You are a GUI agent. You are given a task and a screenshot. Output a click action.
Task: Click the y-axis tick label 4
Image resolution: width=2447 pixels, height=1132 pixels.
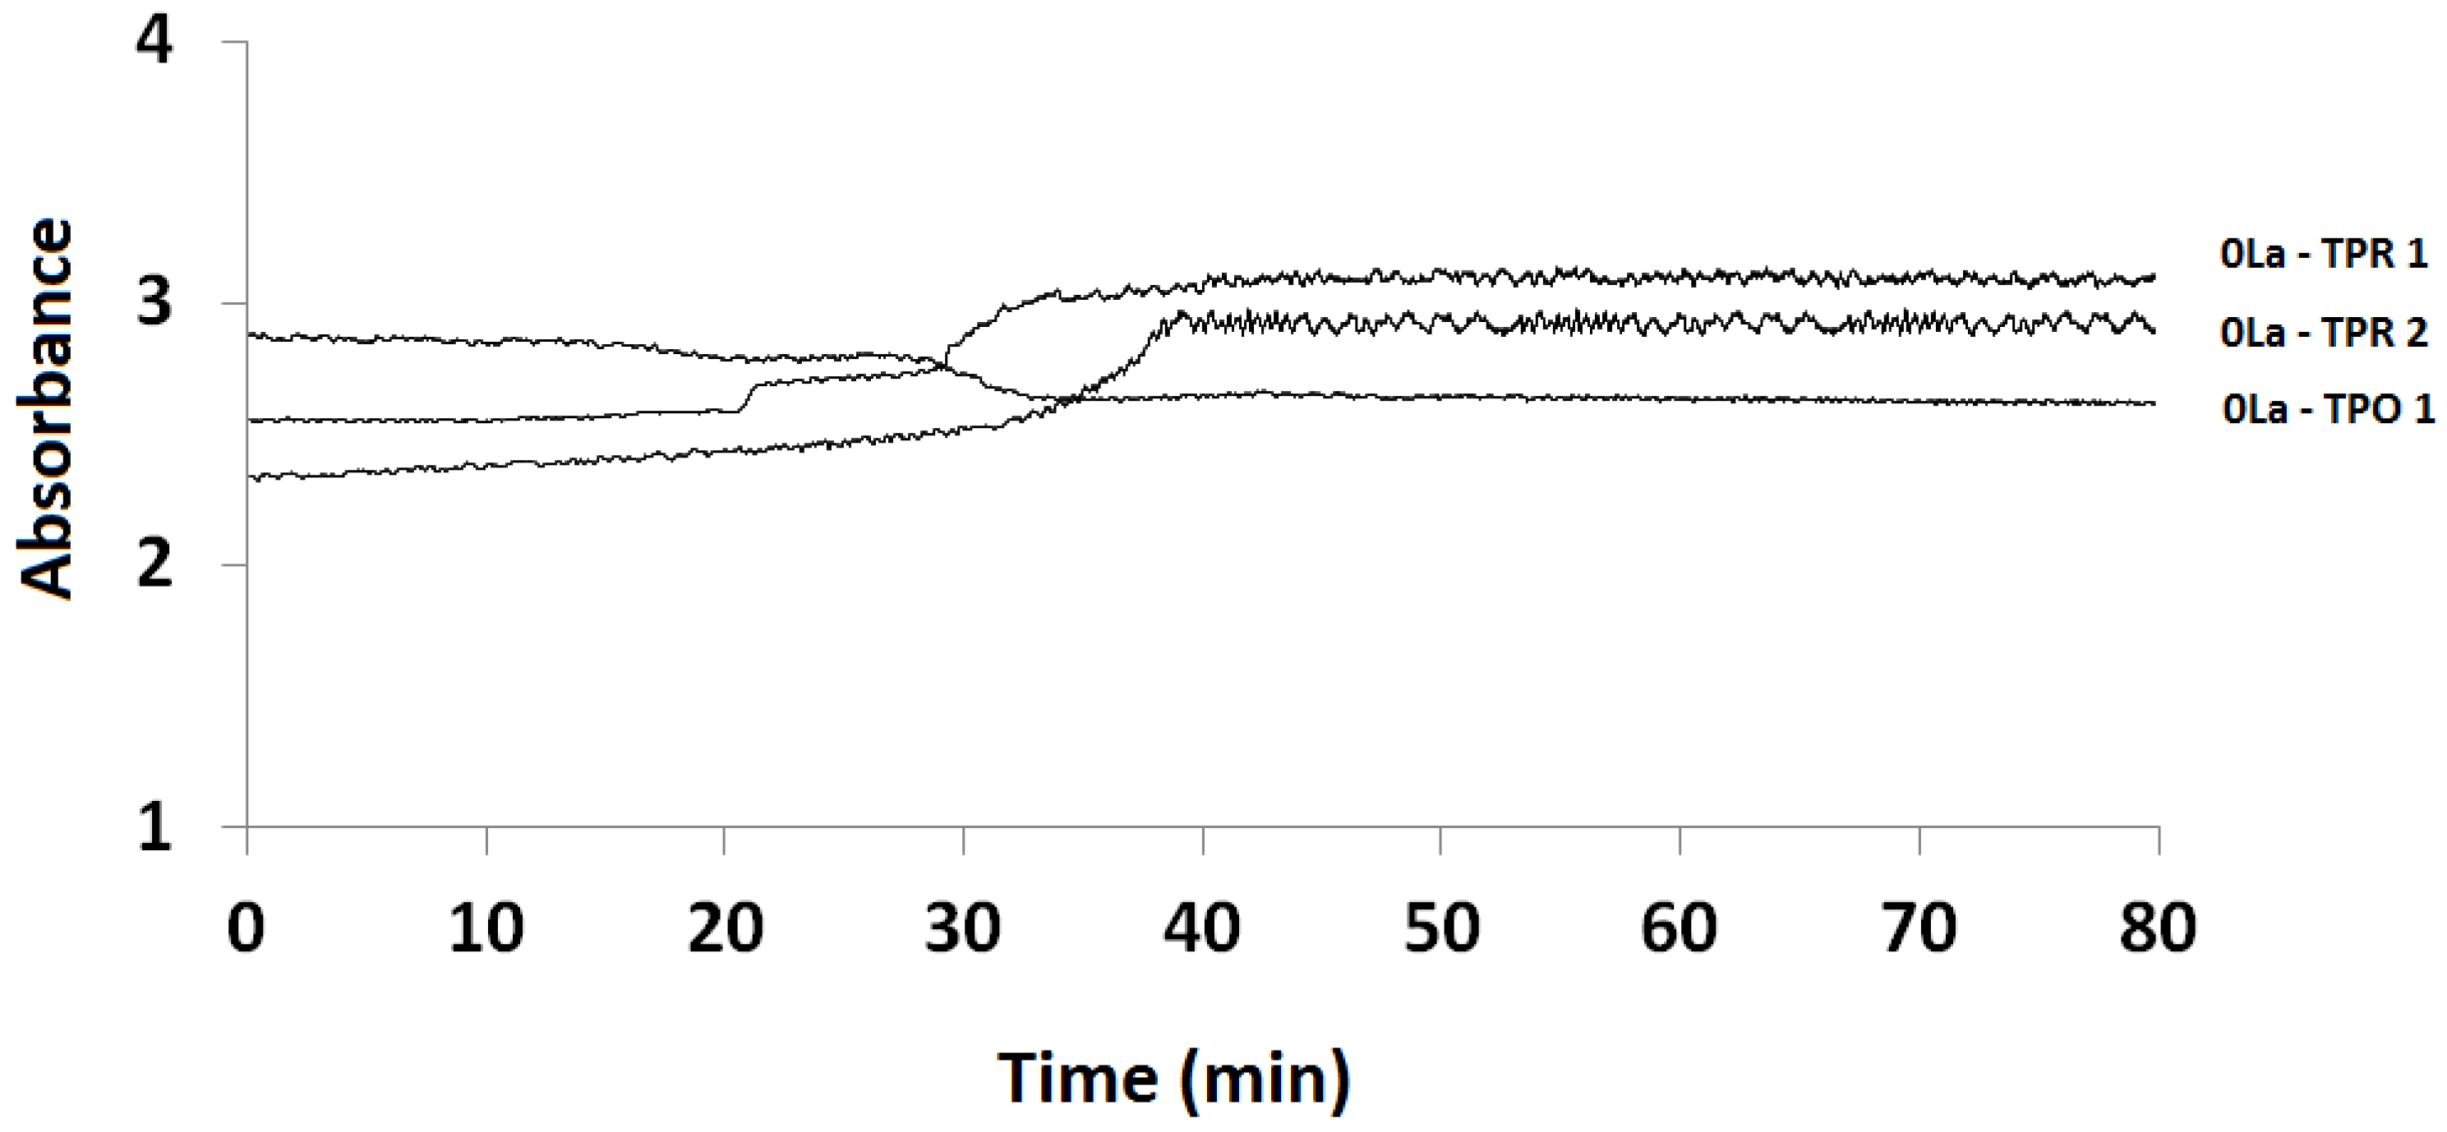point(154,43)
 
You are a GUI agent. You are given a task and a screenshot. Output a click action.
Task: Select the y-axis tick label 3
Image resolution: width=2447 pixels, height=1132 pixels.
point(154,304)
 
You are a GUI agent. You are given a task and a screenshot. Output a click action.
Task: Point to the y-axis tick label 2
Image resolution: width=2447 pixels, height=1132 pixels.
point(154,566)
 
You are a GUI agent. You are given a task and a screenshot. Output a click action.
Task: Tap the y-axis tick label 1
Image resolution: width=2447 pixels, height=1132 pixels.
point(154,827)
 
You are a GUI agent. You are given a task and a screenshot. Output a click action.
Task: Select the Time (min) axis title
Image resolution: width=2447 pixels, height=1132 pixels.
point(1173,1079)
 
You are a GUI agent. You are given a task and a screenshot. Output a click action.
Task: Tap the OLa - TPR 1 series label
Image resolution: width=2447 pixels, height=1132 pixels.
point(2324,255)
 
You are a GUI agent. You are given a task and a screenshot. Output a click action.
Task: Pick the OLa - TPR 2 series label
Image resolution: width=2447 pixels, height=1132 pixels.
point(2324,333)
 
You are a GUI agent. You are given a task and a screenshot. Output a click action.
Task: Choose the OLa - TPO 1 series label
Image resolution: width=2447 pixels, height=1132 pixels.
point(2328,409)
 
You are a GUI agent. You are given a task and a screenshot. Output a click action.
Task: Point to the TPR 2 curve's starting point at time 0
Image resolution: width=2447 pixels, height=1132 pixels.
point(249,476)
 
